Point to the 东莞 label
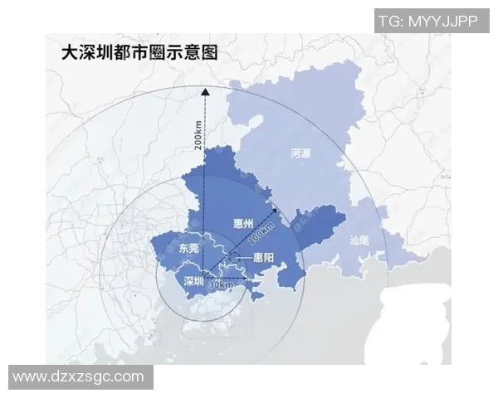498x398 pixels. [188, 247]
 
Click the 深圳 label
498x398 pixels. [193, 279]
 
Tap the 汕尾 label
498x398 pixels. [359, 242]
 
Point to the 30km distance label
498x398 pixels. [220, 284]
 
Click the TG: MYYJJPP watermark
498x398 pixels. [427, 21]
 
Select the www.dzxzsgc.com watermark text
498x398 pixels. [79, 376]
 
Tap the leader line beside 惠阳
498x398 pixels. [245, 259]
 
